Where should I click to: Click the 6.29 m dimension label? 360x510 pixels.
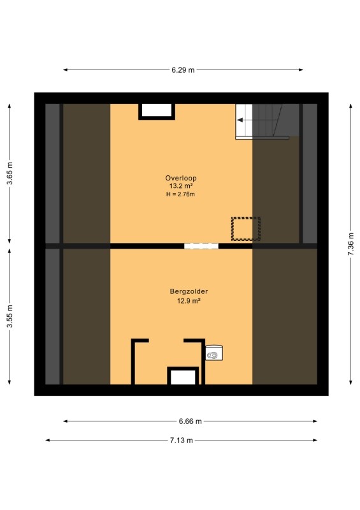[x=183, y=70]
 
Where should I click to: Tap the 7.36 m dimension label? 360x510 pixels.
[x=350, y=244]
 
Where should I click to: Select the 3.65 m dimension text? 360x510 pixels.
[x=10, y=173]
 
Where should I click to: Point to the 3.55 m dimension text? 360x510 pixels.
[x=10, y=316]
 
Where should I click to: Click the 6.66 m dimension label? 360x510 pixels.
[x=191, y=421]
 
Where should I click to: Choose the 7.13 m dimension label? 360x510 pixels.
[x=182, y=441]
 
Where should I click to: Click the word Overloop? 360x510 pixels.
[x=181, y=178]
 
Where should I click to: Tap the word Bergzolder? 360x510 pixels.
[x=189, y=291]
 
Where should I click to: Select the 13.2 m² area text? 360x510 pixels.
[x=181, y=186]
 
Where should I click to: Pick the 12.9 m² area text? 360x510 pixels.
[x=189, y=301]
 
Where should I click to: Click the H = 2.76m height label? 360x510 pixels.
[x=180, y=194]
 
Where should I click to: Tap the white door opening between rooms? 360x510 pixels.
[x=201, y=246]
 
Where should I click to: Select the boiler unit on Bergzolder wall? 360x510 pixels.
[x=214, y=353]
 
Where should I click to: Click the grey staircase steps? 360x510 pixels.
[x=276, y=120]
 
